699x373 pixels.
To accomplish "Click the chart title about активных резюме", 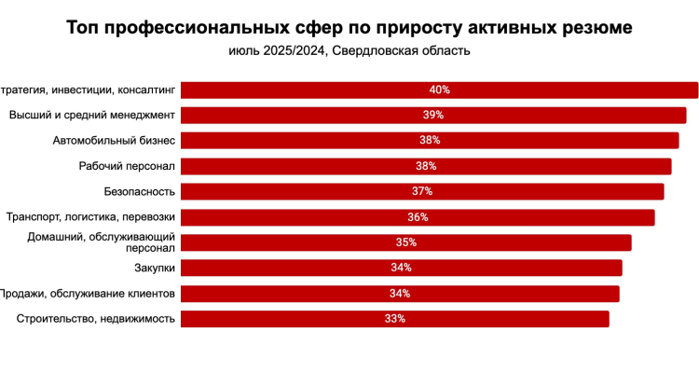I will click(349, 28).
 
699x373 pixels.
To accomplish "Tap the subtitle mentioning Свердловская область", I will click(349, 50).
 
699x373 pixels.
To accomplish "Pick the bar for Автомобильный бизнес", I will click(430, 141).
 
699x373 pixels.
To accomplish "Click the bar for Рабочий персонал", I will click(426, 166).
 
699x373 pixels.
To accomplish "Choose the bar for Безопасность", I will click(422, 191).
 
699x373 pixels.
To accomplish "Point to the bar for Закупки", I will click(401, 268).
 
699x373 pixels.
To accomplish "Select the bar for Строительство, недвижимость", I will click(394, 319).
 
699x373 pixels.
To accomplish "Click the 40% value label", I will click(440, 90).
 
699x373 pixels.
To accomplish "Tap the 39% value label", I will click(433, 116).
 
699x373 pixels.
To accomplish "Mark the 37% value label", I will click(422, 191).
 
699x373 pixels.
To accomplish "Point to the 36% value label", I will click(418, 217).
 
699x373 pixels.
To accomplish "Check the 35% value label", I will click(405, 242).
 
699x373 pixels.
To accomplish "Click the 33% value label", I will click(394, 319).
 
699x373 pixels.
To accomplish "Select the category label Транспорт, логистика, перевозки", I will click(91, 217).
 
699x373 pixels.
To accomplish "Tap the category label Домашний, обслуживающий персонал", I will click(101, 242).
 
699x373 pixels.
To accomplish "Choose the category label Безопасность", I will click(140, 191).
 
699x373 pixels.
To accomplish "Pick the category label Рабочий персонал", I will click(128, 166).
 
